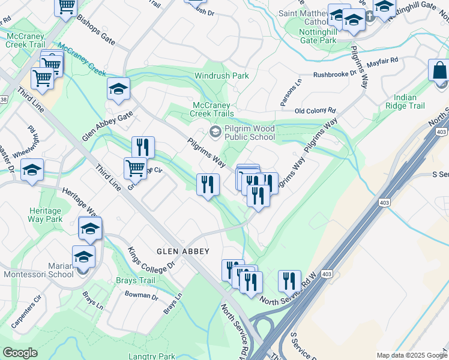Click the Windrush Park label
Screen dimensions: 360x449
click(221, 76)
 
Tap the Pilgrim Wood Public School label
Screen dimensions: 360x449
click(249, 133)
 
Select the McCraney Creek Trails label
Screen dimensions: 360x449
click(212, 109)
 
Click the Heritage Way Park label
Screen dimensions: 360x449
click(45, 215)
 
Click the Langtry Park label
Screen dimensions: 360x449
click(151, 356)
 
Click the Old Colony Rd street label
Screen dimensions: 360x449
click(315, 111)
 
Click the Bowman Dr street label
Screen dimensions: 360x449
click(142, 295)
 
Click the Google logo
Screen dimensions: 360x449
click(20, 353)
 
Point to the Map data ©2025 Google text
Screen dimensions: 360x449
click(411, 355)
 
